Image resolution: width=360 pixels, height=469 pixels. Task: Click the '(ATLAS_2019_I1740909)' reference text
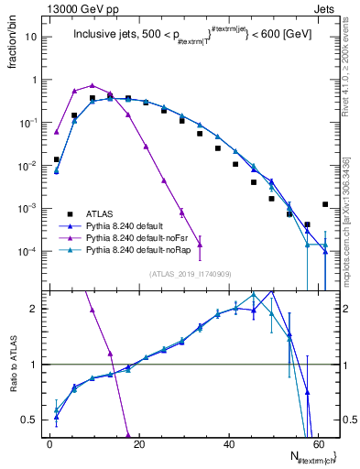click(191, 274)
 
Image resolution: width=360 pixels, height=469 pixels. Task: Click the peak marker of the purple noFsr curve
click(93, 85)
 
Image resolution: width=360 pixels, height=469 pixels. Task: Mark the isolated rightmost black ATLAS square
click(325, 204)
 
